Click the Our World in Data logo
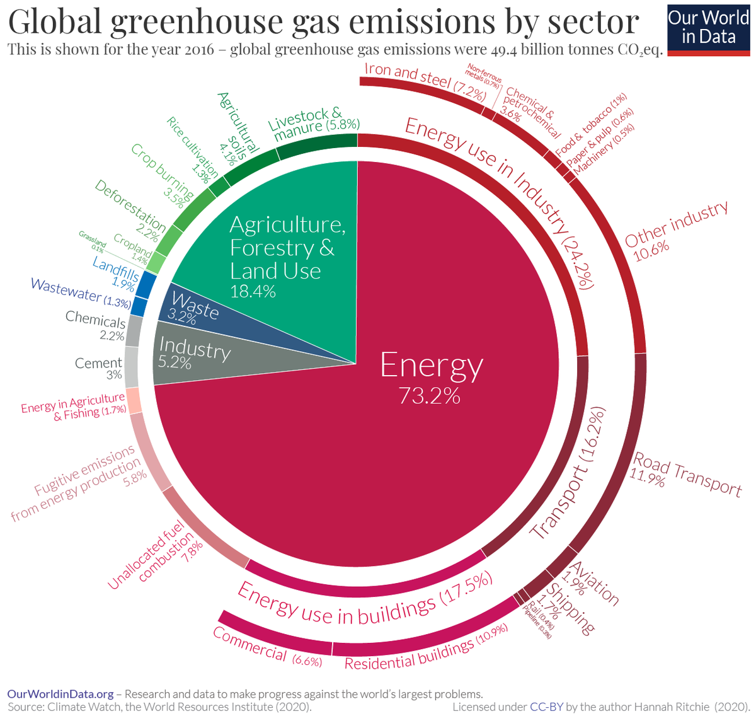pyautogui.click(x=708, y=28)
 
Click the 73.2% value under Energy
pyautogui.click(x=429, y=396)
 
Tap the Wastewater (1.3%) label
pyautogui.click(x=81, y=294)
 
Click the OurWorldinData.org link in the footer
pyautogui.click(x=60, y=694)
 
